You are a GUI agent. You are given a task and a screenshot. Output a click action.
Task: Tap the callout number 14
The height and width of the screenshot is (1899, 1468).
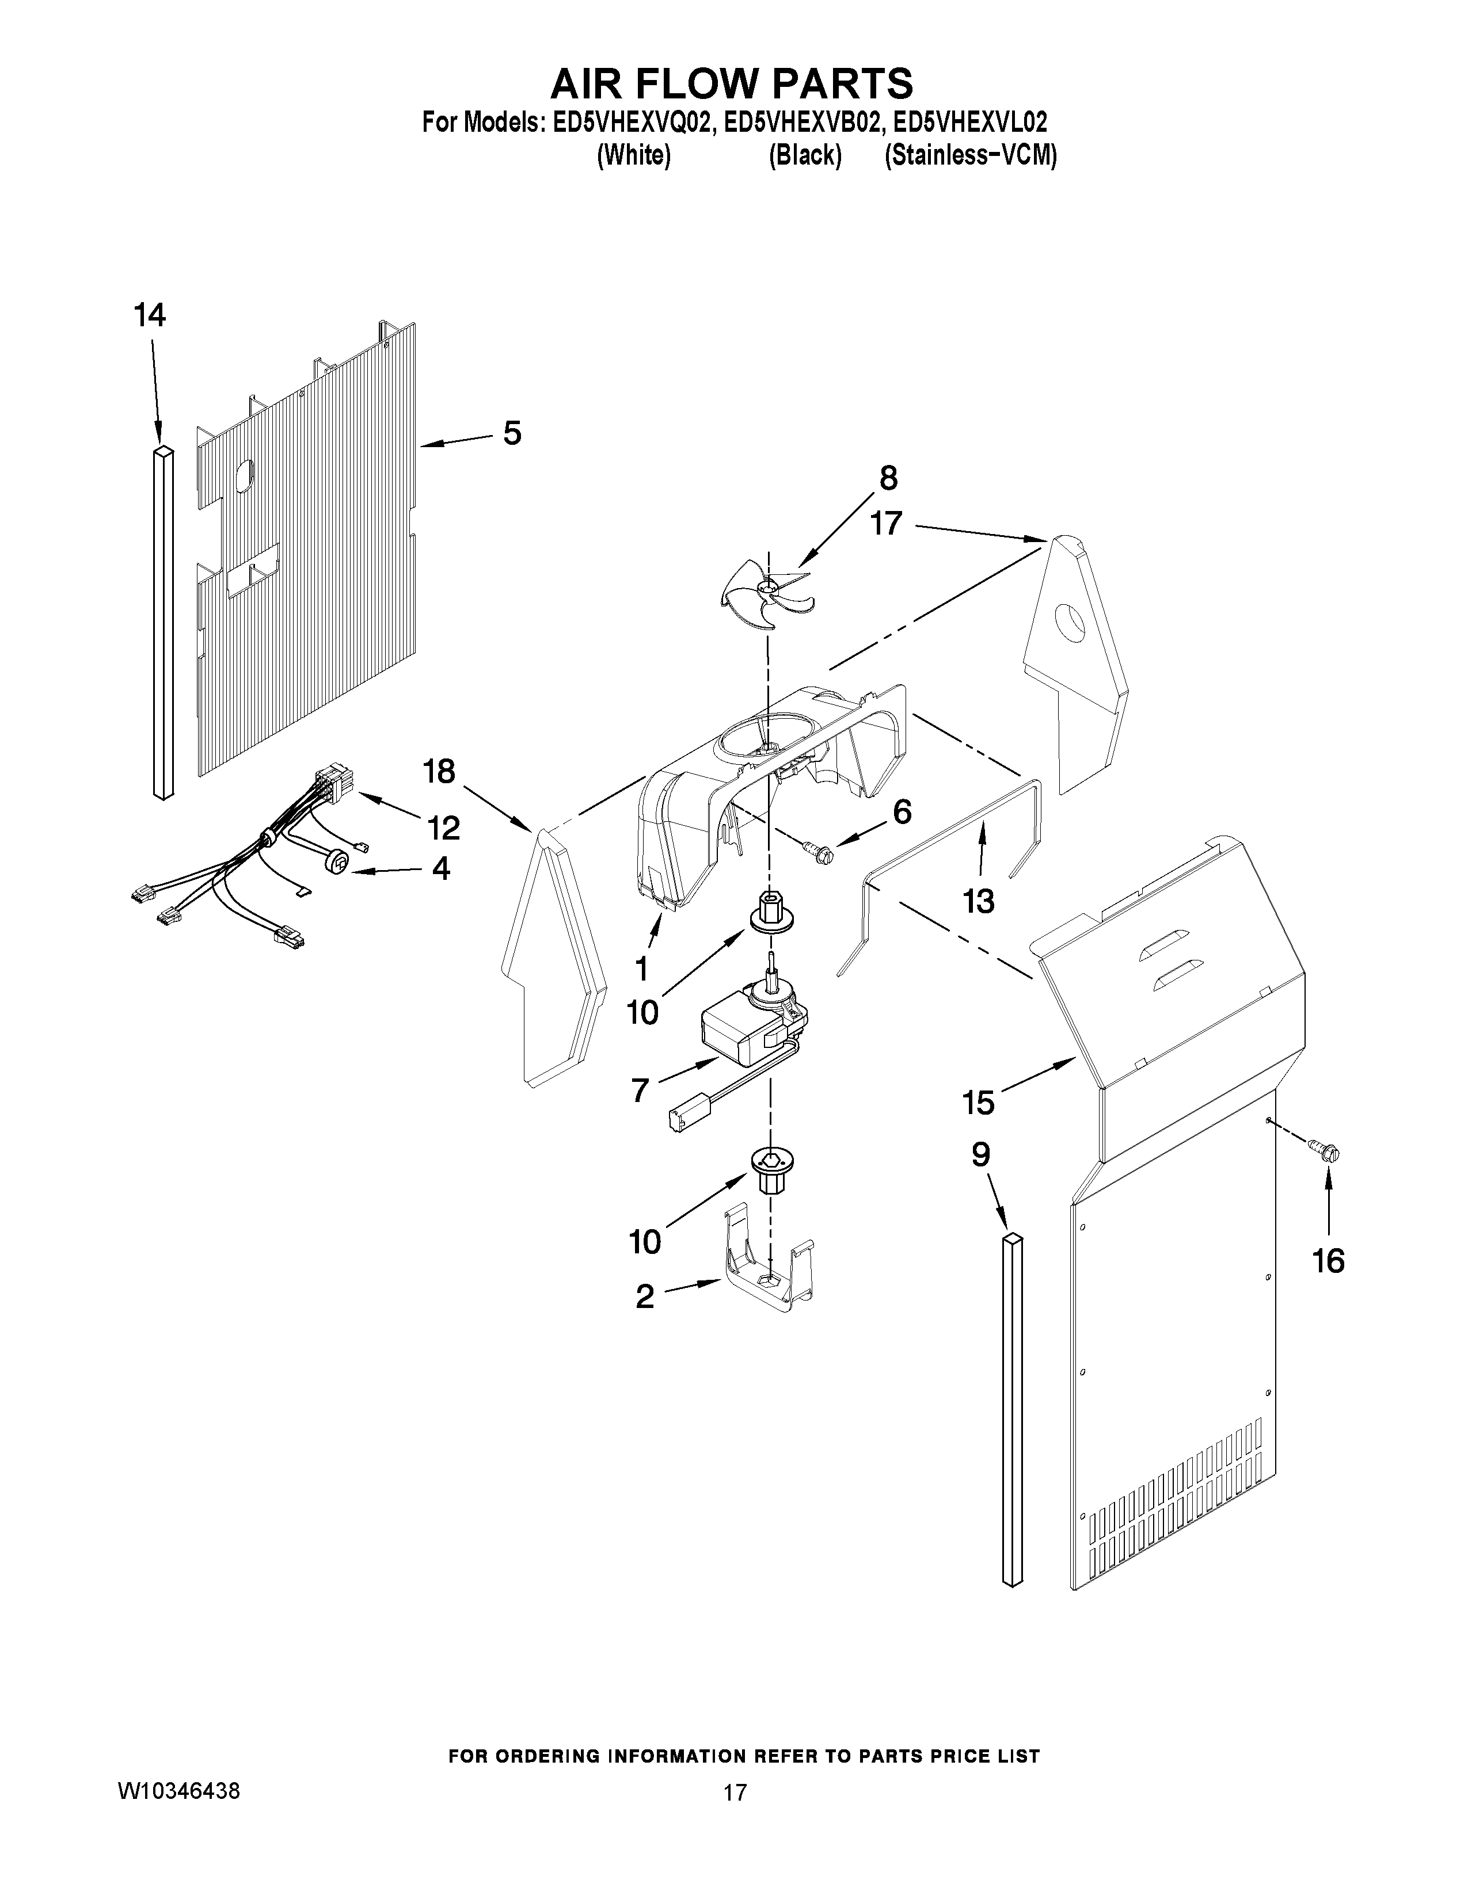point(150,315)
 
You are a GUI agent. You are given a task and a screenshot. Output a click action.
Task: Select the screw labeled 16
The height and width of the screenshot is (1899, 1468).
point(1325,1152)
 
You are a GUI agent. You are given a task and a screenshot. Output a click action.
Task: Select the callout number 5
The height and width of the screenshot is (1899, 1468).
point(512,432)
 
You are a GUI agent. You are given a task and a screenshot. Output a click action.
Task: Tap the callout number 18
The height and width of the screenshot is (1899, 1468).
point(439,771)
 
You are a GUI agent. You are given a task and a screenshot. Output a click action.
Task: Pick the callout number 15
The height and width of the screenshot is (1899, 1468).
point(978,1103)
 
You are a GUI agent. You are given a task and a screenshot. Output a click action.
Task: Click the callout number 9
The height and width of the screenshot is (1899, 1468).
point(980,1155)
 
